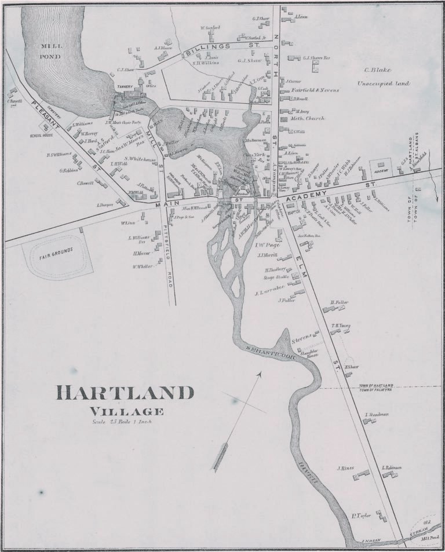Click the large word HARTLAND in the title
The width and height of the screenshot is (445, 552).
click(125, 392)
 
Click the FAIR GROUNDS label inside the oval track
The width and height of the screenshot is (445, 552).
click(56, 254)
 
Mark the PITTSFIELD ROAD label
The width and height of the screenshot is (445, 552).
click(170, 255)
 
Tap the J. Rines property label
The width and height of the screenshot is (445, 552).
click(345, 467)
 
